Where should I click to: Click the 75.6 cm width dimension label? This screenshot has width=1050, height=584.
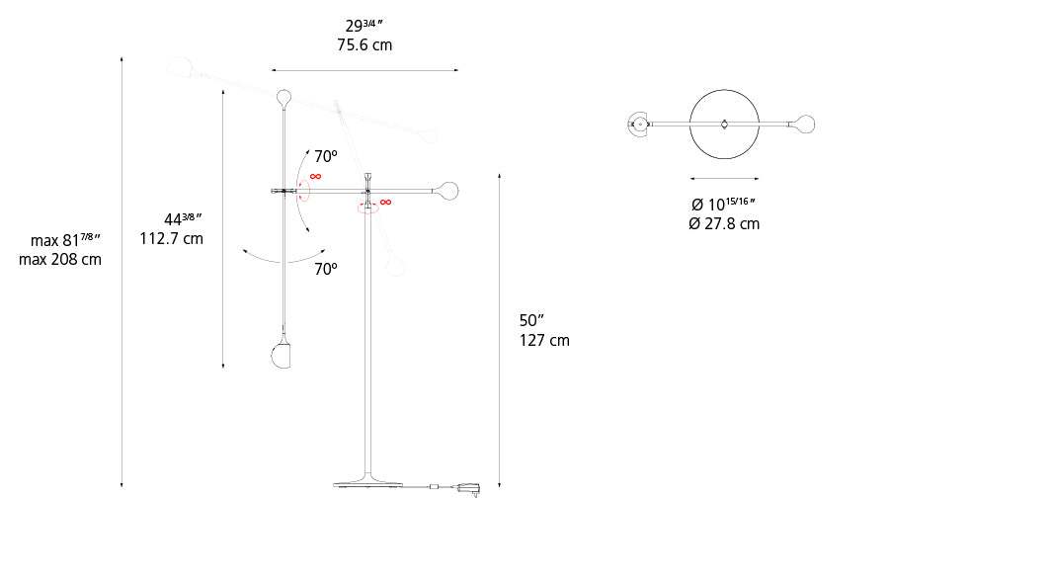(364, 44)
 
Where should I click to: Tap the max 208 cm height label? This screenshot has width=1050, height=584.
(60, 259)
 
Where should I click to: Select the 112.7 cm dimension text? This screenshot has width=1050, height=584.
(172, 238)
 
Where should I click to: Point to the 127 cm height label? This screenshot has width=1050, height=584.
(544, 340)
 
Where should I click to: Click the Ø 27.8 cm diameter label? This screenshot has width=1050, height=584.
(724, 223)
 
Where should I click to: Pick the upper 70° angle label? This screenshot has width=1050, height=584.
(326, 156)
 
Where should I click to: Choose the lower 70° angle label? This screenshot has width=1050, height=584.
(326, 269)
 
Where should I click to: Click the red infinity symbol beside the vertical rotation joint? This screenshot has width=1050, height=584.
(315, 177)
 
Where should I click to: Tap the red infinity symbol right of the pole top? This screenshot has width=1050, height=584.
(385, 203)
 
